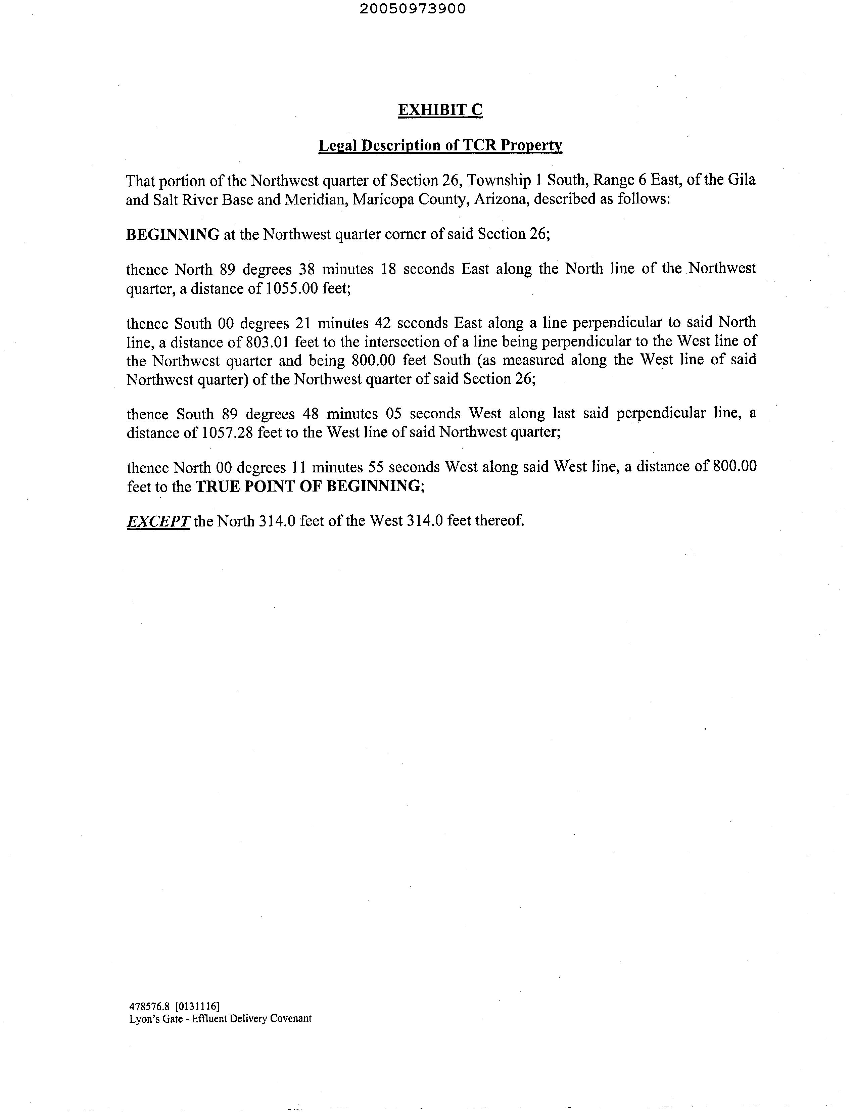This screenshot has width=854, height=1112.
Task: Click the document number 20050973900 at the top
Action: pos(412,9)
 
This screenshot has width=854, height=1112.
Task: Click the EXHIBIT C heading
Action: pos(440,110)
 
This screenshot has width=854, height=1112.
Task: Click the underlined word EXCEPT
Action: pos(158,521)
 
